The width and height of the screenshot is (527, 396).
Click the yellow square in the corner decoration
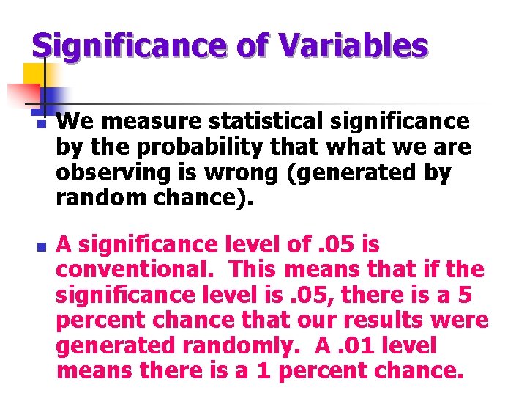[x=34, y=73]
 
